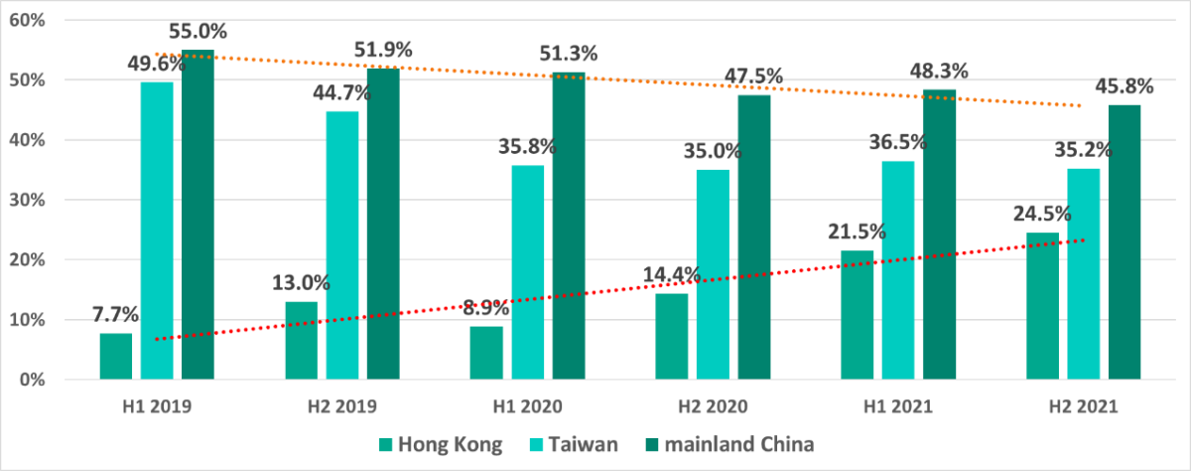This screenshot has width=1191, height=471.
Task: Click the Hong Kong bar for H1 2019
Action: pyautogui.click(x=116, y=356)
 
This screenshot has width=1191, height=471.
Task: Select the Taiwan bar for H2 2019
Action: pyautogui.click(x=342, y=245)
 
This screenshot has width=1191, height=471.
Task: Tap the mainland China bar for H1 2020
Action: pyautogui.click(x=569, y=226)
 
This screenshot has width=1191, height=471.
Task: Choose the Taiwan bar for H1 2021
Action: pyautogui.click(x=898, y=270)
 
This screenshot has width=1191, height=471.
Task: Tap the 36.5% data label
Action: pyautogui.click(x=897, y=142)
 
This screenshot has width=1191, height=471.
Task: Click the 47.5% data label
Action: pyautogui.click(x=753, y=77)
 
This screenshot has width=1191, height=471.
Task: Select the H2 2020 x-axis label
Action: pyautogui.click(x=714, y=406)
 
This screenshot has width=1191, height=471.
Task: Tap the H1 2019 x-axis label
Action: pyautogui.click(x=158, y=406)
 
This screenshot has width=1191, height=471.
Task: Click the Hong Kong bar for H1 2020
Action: pyautogui.click(x=487, y=353)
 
